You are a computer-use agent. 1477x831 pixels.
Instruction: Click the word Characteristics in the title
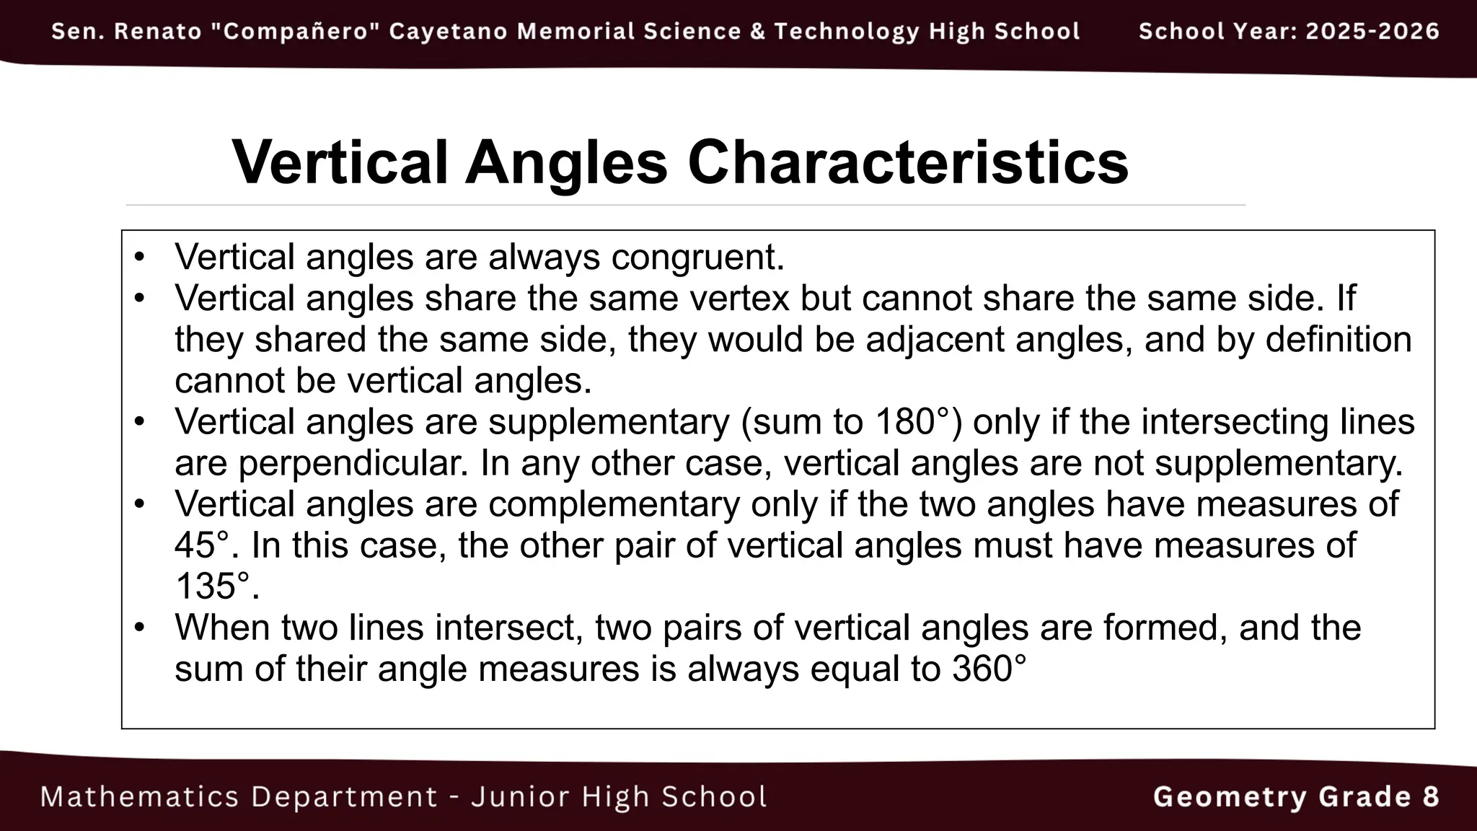(908, 162)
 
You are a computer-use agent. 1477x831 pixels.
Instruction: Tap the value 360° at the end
(989, 669)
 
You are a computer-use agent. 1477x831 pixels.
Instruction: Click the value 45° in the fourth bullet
(206, 545)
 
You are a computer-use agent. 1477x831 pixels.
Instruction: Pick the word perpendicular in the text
(353, 463)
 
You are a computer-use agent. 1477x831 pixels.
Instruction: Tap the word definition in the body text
(1339, 340)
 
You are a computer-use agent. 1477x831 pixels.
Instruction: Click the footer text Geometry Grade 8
(1296, 797)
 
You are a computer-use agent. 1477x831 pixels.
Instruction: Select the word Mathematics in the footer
(139, 797)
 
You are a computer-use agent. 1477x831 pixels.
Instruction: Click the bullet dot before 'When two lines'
(140, 627)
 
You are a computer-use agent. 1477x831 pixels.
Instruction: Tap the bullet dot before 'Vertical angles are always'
(140, 257)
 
